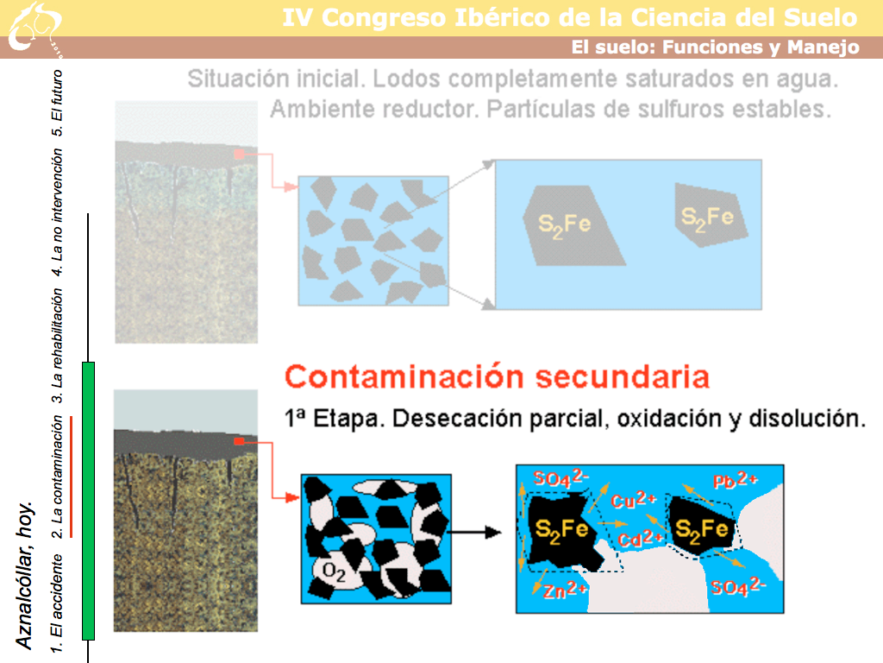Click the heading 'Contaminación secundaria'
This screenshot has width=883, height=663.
point(497,376)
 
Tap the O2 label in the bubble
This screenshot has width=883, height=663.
point(334,572)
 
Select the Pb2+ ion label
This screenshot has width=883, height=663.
point(736,480)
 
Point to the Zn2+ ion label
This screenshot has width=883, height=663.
point(565,590)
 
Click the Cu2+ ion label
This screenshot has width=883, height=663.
point(634,500)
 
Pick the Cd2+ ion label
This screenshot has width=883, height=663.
point(640,539)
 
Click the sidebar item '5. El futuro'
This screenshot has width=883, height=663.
point(57,103)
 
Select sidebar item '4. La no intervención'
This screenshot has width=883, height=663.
point(57,212)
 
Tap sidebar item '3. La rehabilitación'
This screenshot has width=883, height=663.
point(57,346)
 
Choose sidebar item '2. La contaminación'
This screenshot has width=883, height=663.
point(57,477)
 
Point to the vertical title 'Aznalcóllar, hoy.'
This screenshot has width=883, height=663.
point(25,575)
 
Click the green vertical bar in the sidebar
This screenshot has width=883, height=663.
point(89,502)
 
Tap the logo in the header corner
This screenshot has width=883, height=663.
point(34,28)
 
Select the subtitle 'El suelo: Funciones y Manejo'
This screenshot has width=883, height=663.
point(716,47)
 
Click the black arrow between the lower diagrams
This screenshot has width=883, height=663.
point(474,532)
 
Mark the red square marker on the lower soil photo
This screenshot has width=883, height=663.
point(240,441)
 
